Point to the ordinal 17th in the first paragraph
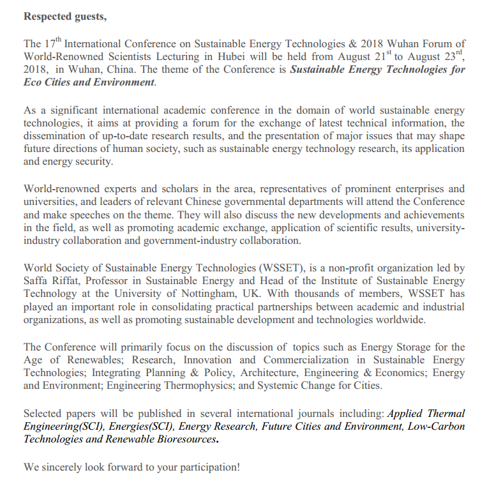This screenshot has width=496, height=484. pos(53,43)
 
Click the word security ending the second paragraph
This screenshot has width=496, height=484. pos(93,162)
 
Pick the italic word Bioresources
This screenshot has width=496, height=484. pos(184,440)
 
